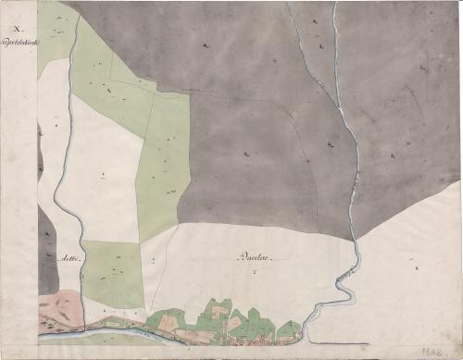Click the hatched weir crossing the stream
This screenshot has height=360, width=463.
[x=344, y=276]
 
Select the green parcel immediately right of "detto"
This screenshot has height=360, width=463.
[x=112, y=273]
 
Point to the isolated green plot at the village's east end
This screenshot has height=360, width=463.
[x=288, y=330]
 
